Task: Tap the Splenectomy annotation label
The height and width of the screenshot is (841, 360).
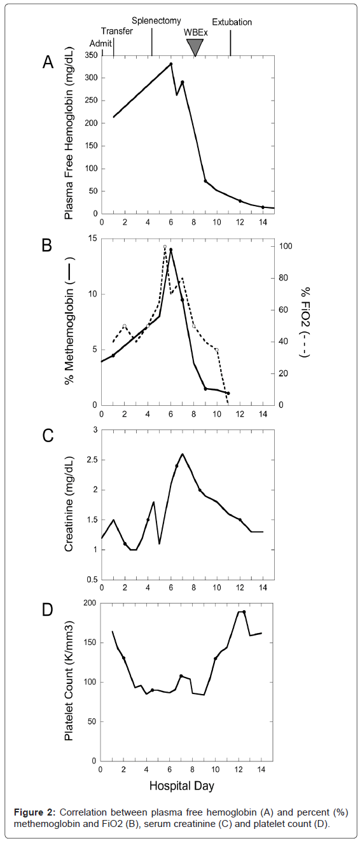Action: [x=156, y=21]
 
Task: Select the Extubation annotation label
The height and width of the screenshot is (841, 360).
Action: [x=232, y=22]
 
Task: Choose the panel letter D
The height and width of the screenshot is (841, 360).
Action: [x=48, y=610]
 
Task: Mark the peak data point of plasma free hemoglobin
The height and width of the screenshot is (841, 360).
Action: [x=170, y=64]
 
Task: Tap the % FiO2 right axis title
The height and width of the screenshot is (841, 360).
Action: [x=305, y=322]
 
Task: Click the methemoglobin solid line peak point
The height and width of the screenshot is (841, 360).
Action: [x=170, y=249]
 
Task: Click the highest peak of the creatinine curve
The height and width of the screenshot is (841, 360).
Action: [x=183, y=454]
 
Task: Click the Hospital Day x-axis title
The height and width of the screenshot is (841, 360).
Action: [x=181, y=786]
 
